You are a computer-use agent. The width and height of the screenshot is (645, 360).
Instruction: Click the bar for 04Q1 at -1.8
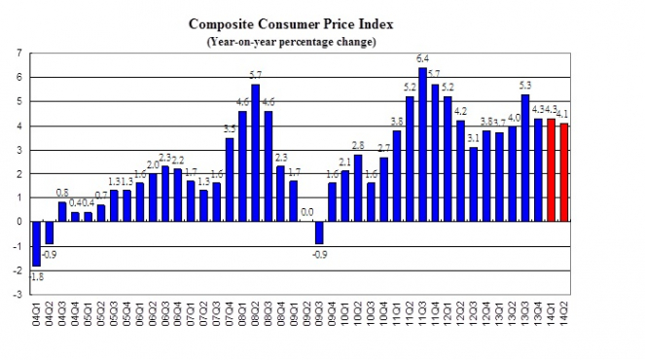pyautogui.click(x=37, y=243)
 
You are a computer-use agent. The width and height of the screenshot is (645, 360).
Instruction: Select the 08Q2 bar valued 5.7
pyautogui.click(x=256, y=153)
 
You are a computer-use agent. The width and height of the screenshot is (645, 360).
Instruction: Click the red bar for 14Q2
pyautogui.click(x=563, y=172)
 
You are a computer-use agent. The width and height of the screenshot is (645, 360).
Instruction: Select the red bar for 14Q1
pyautogui.click(x=552, y=169)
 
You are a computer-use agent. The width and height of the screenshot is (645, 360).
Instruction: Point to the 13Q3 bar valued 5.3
pyautogui.click(x=525, y=158)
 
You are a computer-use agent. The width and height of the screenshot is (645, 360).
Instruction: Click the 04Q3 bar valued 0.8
pyautogui.click(x=62, y=211)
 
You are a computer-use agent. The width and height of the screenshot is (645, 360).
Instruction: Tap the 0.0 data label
pyautogui.click(x=305, y=211)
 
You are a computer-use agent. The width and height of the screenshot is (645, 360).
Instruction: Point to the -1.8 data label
pyautogui.click(x=35, y=277)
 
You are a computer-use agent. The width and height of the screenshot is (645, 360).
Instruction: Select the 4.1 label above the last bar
pyautogui.click(x=563, y=115)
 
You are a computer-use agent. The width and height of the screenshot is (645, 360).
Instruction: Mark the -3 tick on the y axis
pyautogui.click(x=18, y=293)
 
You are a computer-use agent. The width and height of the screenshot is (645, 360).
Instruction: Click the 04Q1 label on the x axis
pyautogui.click(x=37, y=313)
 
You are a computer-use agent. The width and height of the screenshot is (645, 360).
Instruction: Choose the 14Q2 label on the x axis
pyautogui.click(x=563, y=313)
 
